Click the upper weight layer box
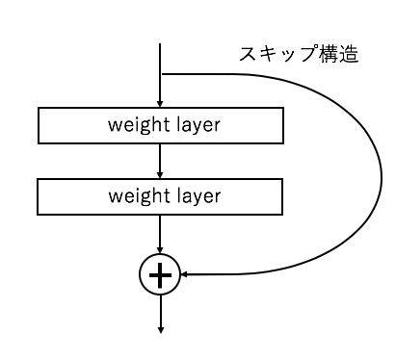pos(161,124)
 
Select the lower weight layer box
pos(161,196)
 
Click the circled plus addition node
pos(161,276)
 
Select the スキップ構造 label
pos(299,55)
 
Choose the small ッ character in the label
pos(287,57)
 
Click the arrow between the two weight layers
pos(161,160)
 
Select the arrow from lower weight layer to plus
pos(161,236)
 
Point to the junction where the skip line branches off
pos(161,74)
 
